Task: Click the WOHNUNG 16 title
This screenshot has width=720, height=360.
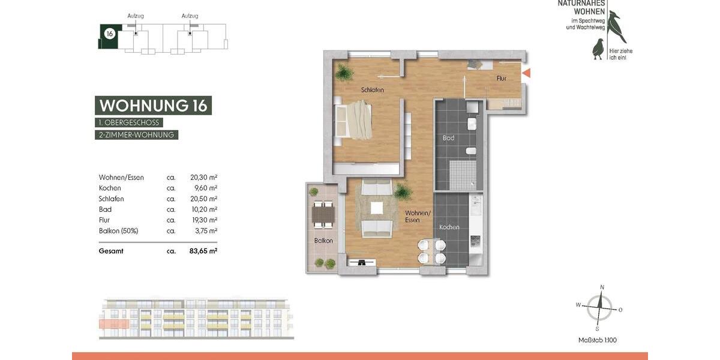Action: coord(153,106)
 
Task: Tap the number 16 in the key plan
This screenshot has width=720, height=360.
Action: coord(109,34)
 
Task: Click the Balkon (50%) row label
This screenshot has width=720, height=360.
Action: coord(119,230)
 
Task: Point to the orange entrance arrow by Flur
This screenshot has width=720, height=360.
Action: coord(526,73)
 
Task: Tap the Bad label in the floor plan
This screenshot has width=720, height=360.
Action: coord(448,138)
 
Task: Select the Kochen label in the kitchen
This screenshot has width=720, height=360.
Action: coord(449,227)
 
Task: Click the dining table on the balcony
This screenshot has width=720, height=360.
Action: coord(323,214)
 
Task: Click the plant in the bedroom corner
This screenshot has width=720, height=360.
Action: coord(344,73)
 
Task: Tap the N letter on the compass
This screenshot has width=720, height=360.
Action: coord(602,287)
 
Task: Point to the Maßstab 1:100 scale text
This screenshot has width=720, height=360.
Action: coord(597,340)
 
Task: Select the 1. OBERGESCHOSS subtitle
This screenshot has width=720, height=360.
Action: coord(129,122)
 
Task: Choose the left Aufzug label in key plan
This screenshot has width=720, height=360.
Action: coord(136,16)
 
